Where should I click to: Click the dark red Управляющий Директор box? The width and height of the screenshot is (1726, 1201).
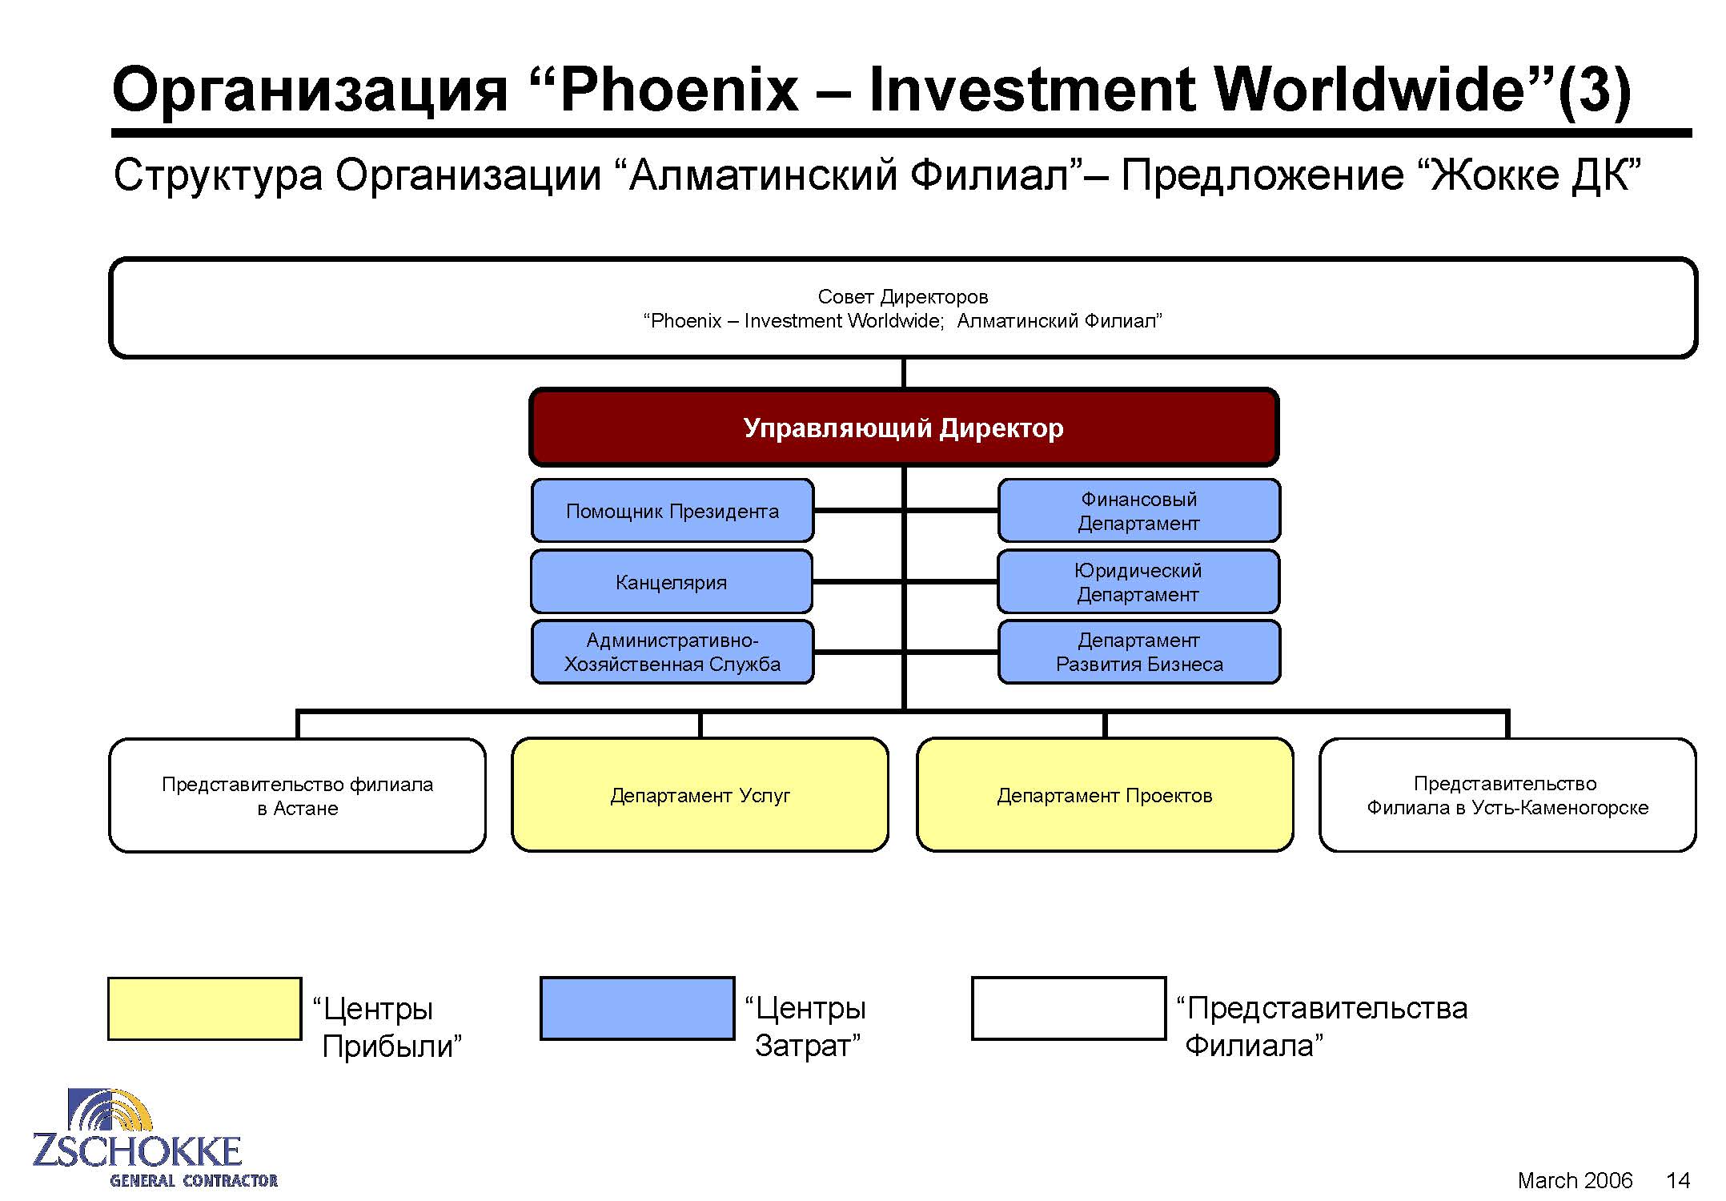click(904, 428)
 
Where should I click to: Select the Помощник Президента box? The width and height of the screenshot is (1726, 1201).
click(672, 511)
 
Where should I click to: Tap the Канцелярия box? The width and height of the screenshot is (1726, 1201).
click(672, 582)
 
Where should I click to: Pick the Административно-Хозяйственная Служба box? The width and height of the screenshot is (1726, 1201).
click(672, 652)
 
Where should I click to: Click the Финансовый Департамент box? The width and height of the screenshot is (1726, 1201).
click(1139, 511)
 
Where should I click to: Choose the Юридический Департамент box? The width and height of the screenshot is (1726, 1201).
click(1138, 582)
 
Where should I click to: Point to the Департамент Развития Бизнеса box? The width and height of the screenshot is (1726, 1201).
click(1139, 652)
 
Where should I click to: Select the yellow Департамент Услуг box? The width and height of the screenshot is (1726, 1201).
click(700, 795)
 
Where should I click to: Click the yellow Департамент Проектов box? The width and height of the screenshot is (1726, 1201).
click(1105, 795)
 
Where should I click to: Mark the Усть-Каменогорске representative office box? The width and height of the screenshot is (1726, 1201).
click(1507, 795)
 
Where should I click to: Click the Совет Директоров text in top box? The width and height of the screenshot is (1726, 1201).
click(903, 297)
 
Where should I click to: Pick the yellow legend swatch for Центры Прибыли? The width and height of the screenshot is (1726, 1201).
click(205, 1009)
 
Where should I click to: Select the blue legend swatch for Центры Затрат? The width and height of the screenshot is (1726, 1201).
click(637, 1009)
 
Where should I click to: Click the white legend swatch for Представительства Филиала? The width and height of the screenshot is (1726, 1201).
click(1069, 1009)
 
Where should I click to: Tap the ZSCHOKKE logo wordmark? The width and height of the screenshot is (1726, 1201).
click(137, 1151)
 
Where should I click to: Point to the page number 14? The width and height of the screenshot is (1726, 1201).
click(1678, 1180)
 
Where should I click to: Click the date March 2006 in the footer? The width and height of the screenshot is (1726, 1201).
click(1575, 1180)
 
